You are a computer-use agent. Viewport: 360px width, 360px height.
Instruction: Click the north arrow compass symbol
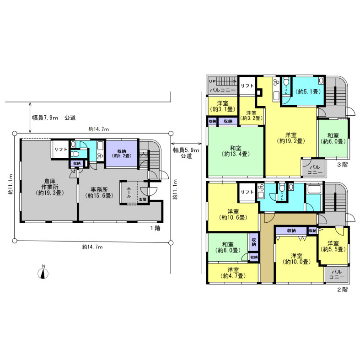click(x=43, y=274)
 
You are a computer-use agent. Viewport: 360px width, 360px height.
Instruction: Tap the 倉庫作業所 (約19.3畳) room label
click(x=49, y=187)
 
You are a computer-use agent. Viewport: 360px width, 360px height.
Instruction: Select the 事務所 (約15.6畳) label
click(x=99, y=193)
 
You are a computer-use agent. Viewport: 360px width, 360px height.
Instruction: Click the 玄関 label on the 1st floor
click(x=143, y=199)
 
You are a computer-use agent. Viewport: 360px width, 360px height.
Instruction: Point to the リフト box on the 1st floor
click(x=61, y=149)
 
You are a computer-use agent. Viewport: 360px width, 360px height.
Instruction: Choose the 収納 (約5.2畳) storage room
click(x=122, y=154)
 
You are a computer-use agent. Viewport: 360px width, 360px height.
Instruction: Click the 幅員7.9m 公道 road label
click(x=54, y=118)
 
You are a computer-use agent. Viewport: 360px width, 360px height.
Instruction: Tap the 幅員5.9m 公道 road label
click(x=186, y=153)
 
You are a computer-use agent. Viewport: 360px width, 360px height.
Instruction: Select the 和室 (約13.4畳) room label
click(x=236, y=151)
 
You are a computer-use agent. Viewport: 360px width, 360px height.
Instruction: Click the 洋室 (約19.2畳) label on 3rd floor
click(x=291, y=138)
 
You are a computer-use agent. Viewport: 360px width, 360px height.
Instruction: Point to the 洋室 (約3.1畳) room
click(x=223, y=106)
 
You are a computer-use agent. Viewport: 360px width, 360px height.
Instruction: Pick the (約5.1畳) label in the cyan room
click(x=308, y=91)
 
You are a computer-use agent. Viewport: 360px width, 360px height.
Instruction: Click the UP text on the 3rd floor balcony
click(x=212, y=81)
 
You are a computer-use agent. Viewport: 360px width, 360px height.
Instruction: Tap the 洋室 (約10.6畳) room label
click(x=233, y=214)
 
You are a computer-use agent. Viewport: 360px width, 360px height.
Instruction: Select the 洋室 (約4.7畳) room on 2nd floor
click(x=233, y=273)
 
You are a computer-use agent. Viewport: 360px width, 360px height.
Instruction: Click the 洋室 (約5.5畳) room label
click(x=333, y=246)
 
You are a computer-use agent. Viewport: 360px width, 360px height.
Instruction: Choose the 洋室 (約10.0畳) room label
click(x=296, y=258)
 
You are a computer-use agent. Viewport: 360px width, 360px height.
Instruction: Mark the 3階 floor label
click(x=342, y=164)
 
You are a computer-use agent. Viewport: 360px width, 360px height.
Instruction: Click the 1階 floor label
click(x=155, y=228)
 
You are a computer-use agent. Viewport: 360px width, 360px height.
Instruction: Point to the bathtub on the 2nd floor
click(x=314, y=189)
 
